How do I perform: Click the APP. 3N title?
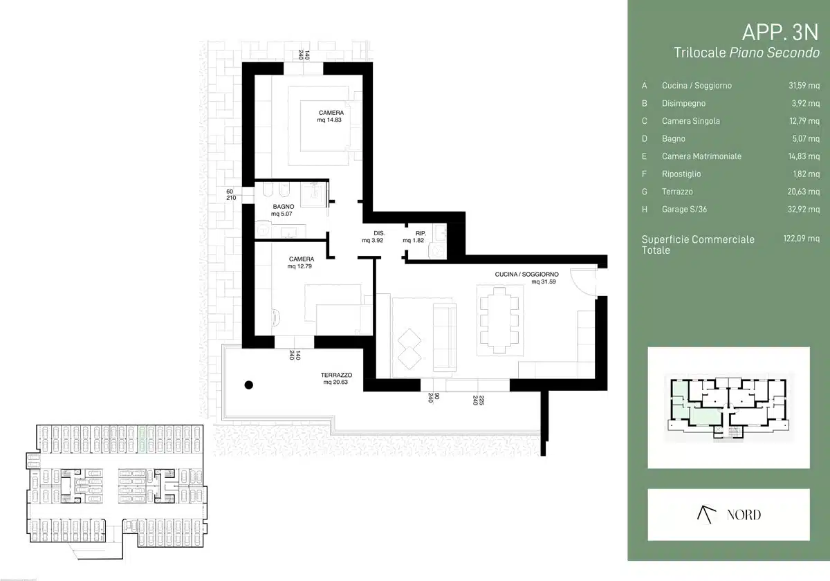click(x=780, y=33)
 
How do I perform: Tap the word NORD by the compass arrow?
click(x=744, y=515)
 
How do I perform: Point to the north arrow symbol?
click(x=706, y=515)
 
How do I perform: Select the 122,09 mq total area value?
click(x=802, y=238)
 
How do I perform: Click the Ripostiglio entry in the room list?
click(x=681, y=174)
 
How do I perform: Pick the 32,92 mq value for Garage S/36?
click(x=804, y=209)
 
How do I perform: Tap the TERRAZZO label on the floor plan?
click(x=336, y=375)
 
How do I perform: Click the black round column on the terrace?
click(x=249, y=385)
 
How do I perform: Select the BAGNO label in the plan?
click(x=284, y=206)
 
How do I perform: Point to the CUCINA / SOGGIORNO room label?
click(x=526, y=274)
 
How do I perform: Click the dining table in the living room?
click(x=499, y=320)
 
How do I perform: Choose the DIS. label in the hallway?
click(x=379, y=233)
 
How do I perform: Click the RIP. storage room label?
click(x=421, y=233)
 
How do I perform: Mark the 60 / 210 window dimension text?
click(x=231, y=194)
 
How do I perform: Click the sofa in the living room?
click(x=445, y=338)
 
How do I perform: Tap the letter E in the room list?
click(x=645, y=156)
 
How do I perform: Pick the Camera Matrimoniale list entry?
click(x=702, y=156)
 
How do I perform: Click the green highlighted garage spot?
click(x=142, y=439)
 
